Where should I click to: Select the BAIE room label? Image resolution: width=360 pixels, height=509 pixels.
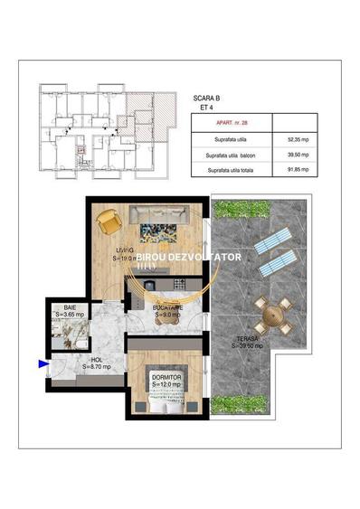(57, 307)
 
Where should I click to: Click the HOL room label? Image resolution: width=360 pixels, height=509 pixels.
(95, 361)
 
